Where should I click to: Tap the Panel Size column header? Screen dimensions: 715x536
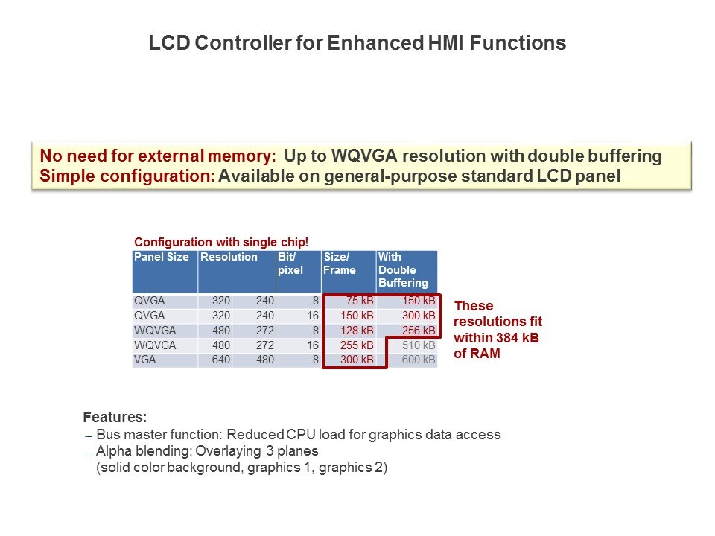click(x=162, y=257)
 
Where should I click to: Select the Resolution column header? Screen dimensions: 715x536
click(x=229, y=257)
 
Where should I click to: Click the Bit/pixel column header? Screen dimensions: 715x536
click(x=290, y=264)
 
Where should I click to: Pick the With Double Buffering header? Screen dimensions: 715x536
click(x=403, y=269)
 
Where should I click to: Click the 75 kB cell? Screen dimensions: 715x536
click(x=360, y=301)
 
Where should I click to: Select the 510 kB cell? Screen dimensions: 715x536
click(x=419, y=345)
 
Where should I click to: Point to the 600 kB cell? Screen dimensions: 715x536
click(x=419, y=360)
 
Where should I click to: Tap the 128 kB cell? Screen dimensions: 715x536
click(x=357, y=331)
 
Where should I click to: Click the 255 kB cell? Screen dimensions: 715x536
click(x=357, y=345)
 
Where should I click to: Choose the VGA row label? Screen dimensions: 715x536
click(x=145, y=360)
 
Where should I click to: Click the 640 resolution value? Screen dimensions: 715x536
click(x=221, y=360)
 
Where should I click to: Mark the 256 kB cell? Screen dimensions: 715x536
click(x=419, y=331)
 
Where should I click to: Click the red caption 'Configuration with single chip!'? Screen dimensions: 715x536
click(x=221, y=242)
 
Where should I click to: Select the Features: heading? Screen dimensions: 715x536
click(x=115, y=417)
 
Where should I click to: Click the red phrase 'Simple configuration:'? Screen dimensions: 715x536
click(x=127, y=176)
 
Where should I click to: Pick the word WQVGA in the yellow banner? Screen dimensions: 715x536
click(x=364, y=156)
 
